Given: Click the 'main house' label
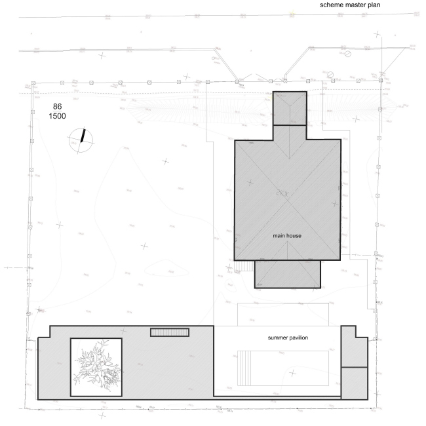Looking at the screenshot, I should coord(288,234).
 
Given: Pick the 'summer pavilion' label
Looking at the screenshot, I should coord(288,338).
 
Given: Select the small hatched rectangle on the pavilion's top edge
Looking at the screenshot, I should coord(170,332).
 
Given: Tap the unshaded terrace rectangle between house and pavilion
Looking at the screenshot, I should coord(282,314).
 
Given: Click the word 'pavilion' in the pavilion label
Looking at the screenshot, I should coord(298,338).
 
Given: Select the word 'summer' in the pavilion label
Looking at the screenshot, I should coord(277,338).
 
